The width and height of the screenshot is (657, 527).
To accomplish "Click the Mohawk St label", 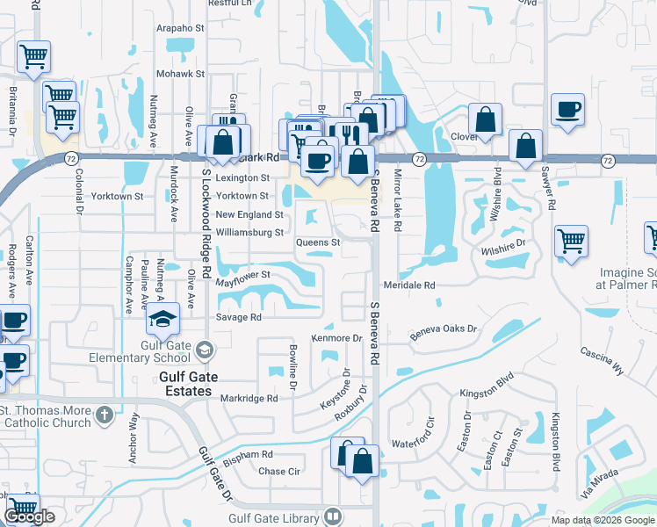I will (x=180, y=74).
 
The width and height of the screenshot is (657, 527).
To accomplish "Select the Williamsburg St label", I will (x=249, y=233).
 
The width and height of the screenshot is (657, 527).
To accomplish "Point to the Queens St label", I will (x=318, y=242).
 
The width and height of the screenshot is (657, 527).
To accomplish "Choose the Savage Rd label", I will (x=239, y=317).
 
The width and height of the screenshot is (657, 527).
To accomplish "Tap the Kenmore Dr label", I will (x=337, y=338).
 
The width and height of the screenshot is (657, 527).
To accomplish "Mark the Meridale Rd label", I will (x=409, y=285).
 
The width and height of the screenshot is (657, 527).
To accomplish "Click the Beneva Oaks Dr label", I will (x=444, y=332).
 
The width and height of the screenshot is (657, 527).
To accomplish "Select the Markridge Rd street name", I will (x=249, y=398).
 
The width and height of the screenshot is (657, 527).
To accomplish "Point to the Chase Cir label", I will (x=280, y=471).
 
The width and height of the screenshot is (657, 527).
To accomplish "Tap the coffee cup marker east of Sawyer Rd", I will (x=567, y=111).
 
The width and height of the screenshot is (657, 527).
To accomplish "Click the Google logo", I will (x=29, y=517).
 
